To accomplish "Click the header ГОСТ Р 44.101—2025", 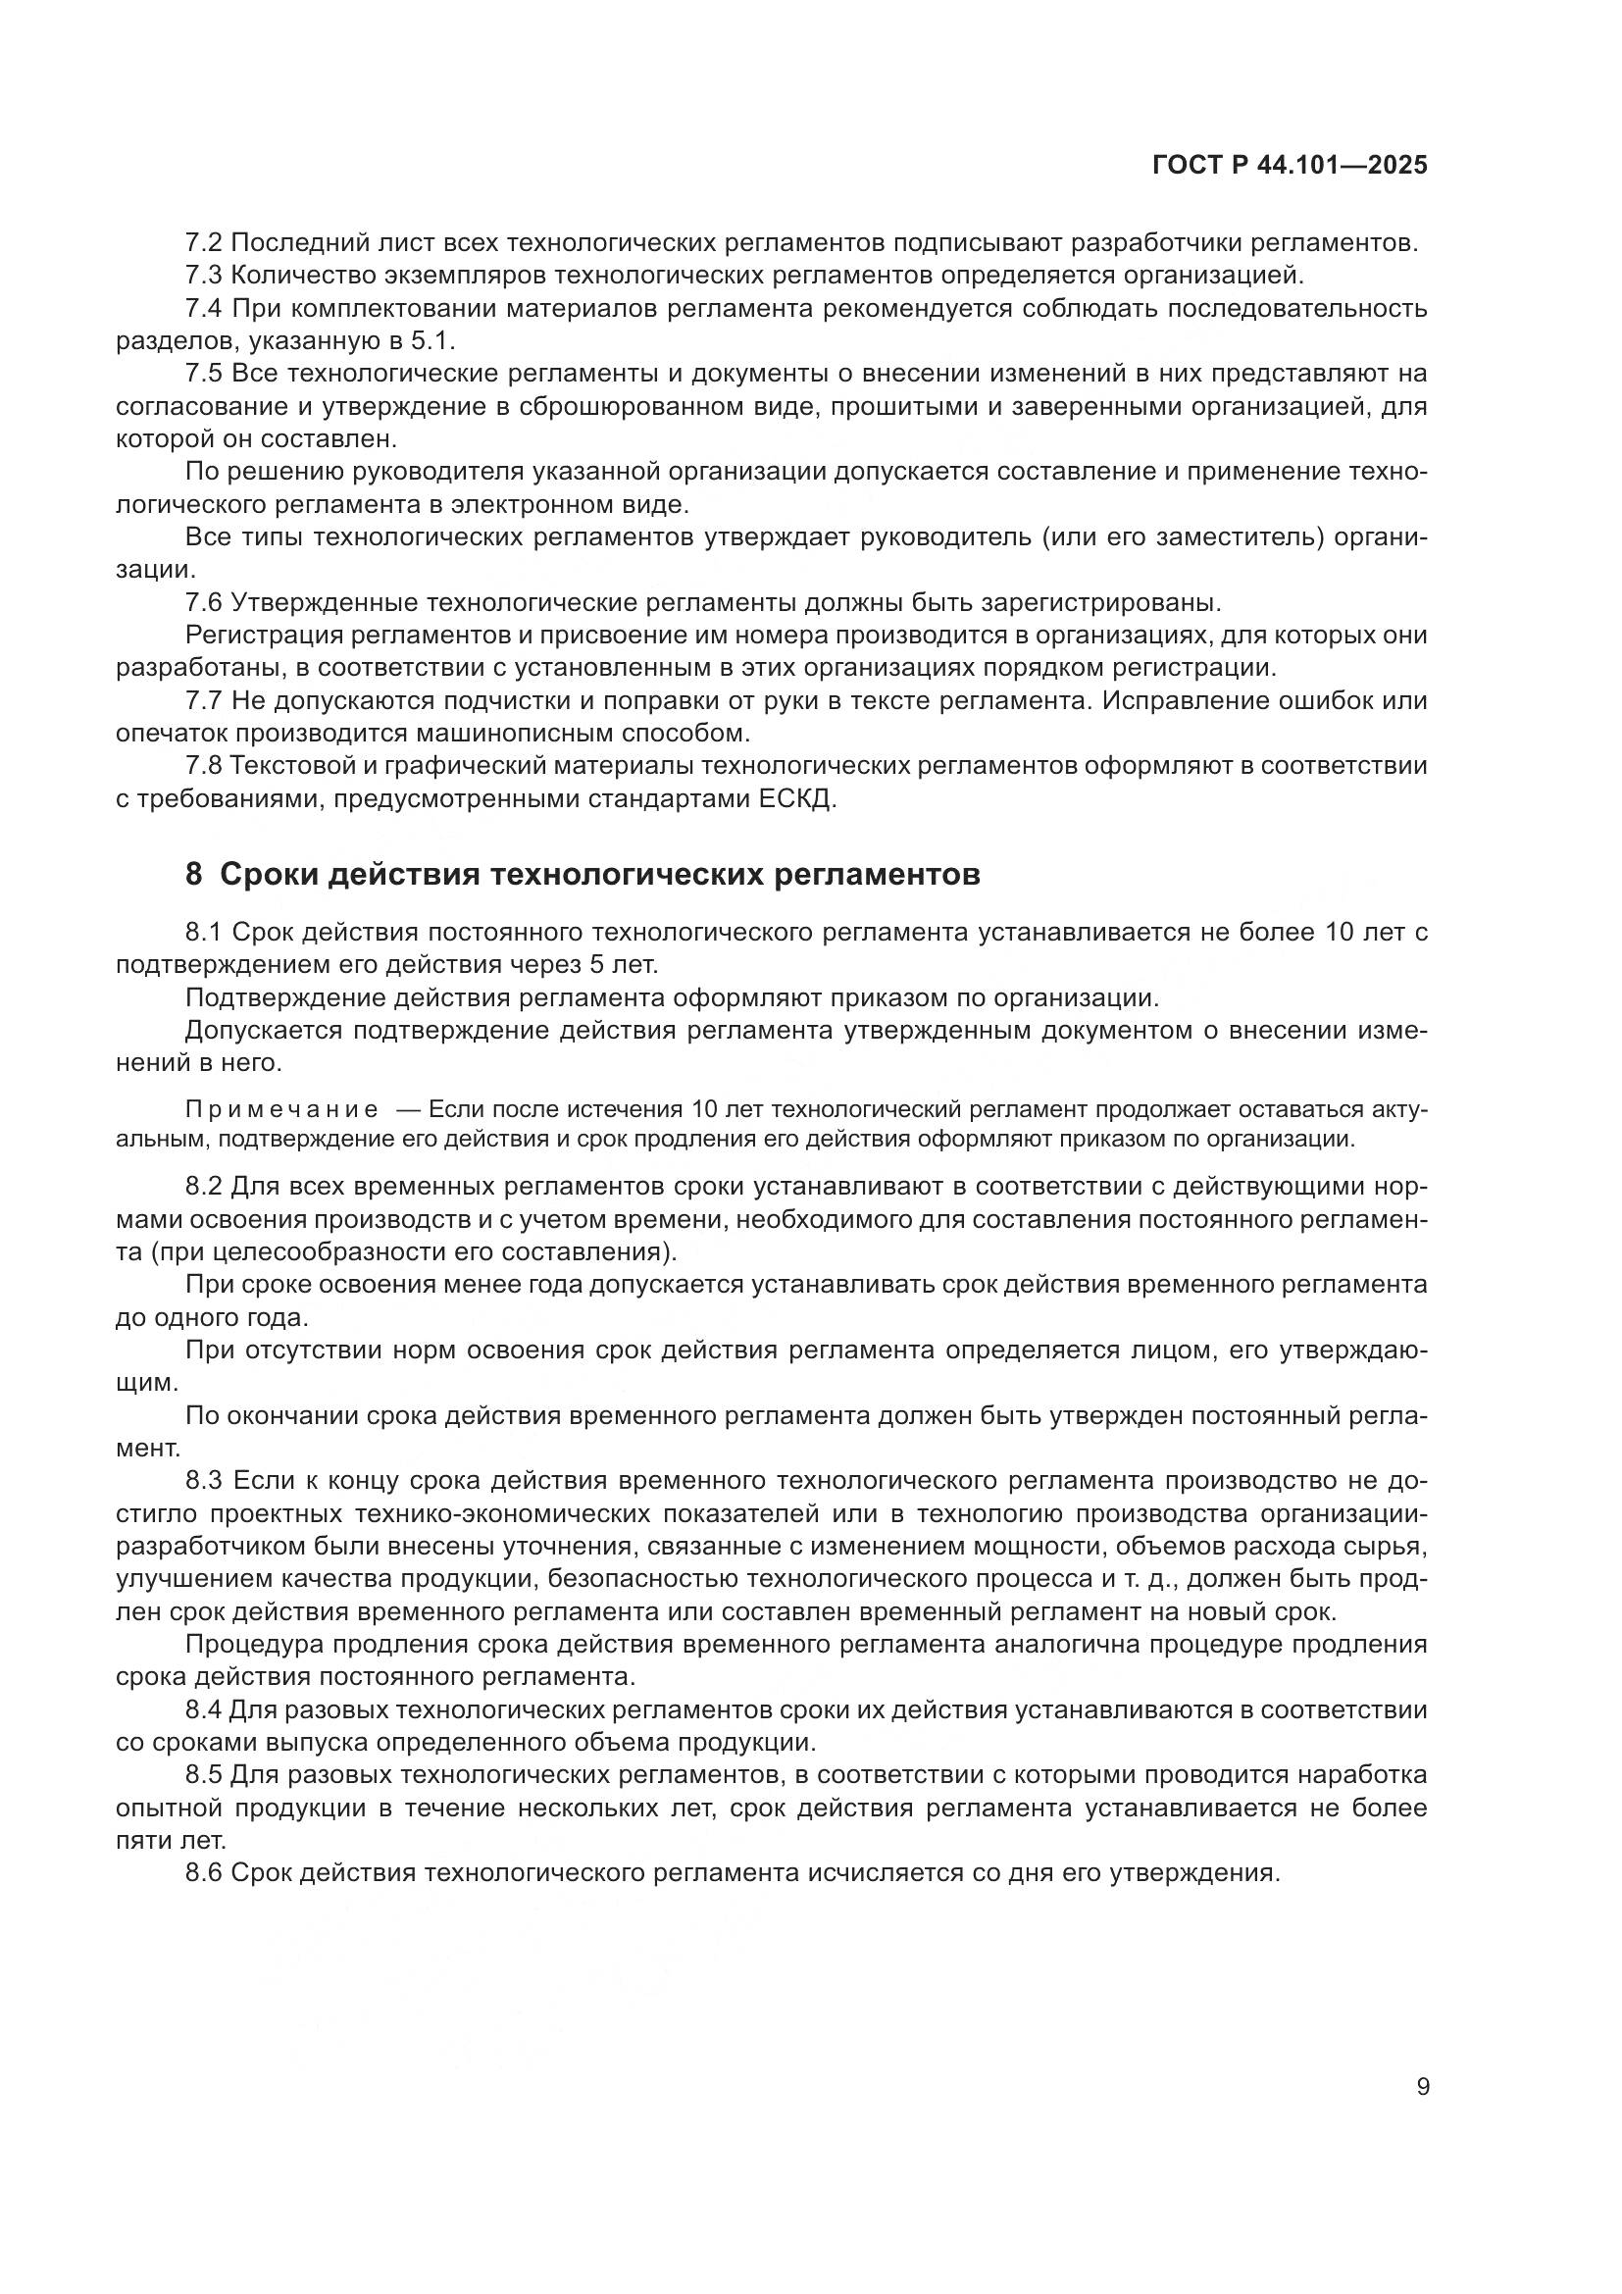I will click(1290, 166).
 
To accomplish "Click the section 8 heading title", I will click(599, 874).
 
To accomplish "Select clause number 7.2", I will click(205, 243).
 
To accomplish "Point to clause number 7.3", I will click(205, 275).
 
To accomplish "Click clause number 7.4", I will click(205, 309).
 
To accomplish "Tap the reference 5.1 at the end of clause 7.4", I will click(431, 340).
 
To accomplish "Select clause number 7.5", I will click(205, 374).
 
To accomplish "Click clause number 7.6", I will click(205, 602).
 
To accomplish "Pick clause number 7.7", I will click(205, 700).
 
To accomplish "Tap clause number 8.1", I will click(205, 932).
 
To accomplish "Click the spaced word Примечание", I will click(281, 1109).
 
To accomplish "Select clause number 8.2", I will click(205, 1187).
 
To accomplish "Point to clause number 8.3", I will click(205, 1481).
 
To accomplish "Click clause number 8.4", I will click(205, 1709).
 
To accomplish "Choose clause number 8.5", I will click(205, 1775).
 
